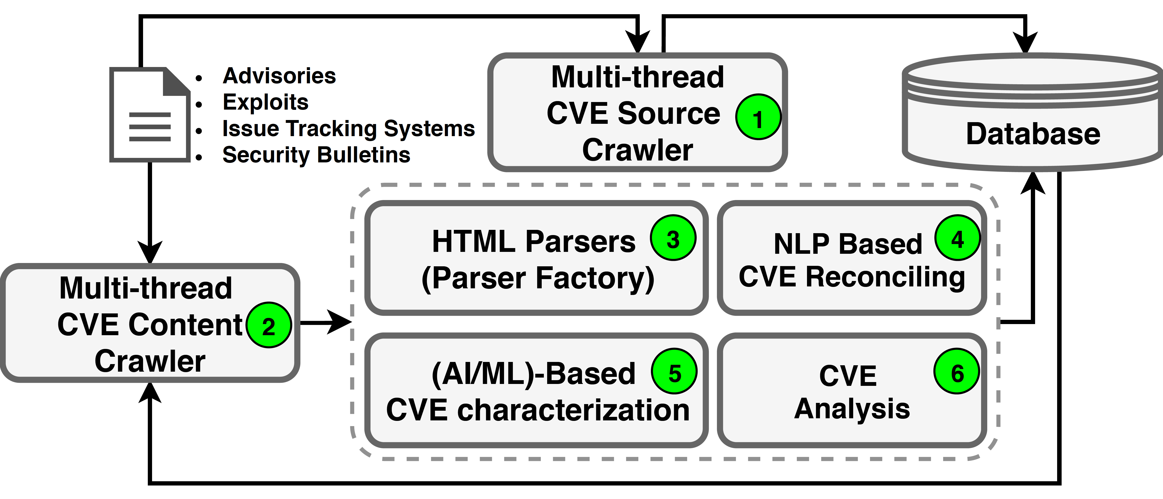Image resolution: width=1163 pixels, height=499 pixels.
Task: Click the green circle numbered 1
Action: click(758, 117)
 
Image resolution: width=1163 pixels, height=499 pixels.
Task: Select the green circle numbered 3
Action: click(673, 238)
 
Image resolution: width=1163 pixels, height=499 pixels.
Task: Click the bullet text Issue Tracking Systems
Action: click(348, 129)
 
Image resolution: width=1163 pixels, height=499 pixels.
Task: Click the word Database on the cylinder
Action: click(1033, 134)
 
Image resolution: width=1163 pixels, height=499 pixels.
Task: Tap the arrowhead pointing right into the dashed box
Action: click(339, 322)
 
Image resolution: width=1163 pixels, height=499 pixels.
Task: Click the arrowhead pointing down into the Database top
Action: click(1026, 43)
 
